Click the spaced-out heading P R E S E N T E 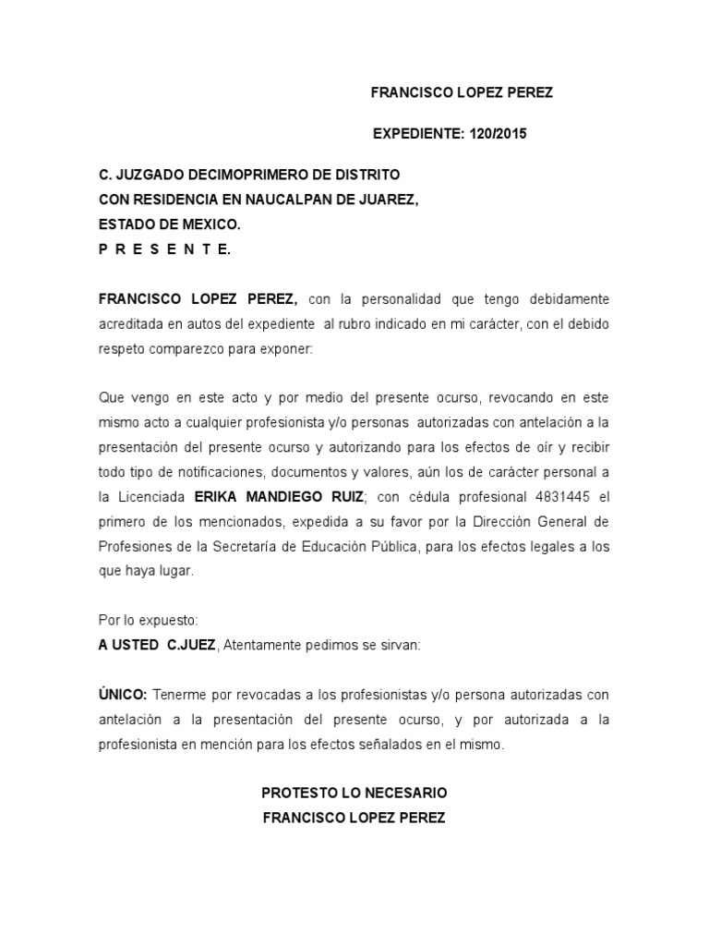tap(164, 248)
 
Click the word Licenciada tap(148, 497)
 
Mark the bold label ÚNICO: tap(124, 695)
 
